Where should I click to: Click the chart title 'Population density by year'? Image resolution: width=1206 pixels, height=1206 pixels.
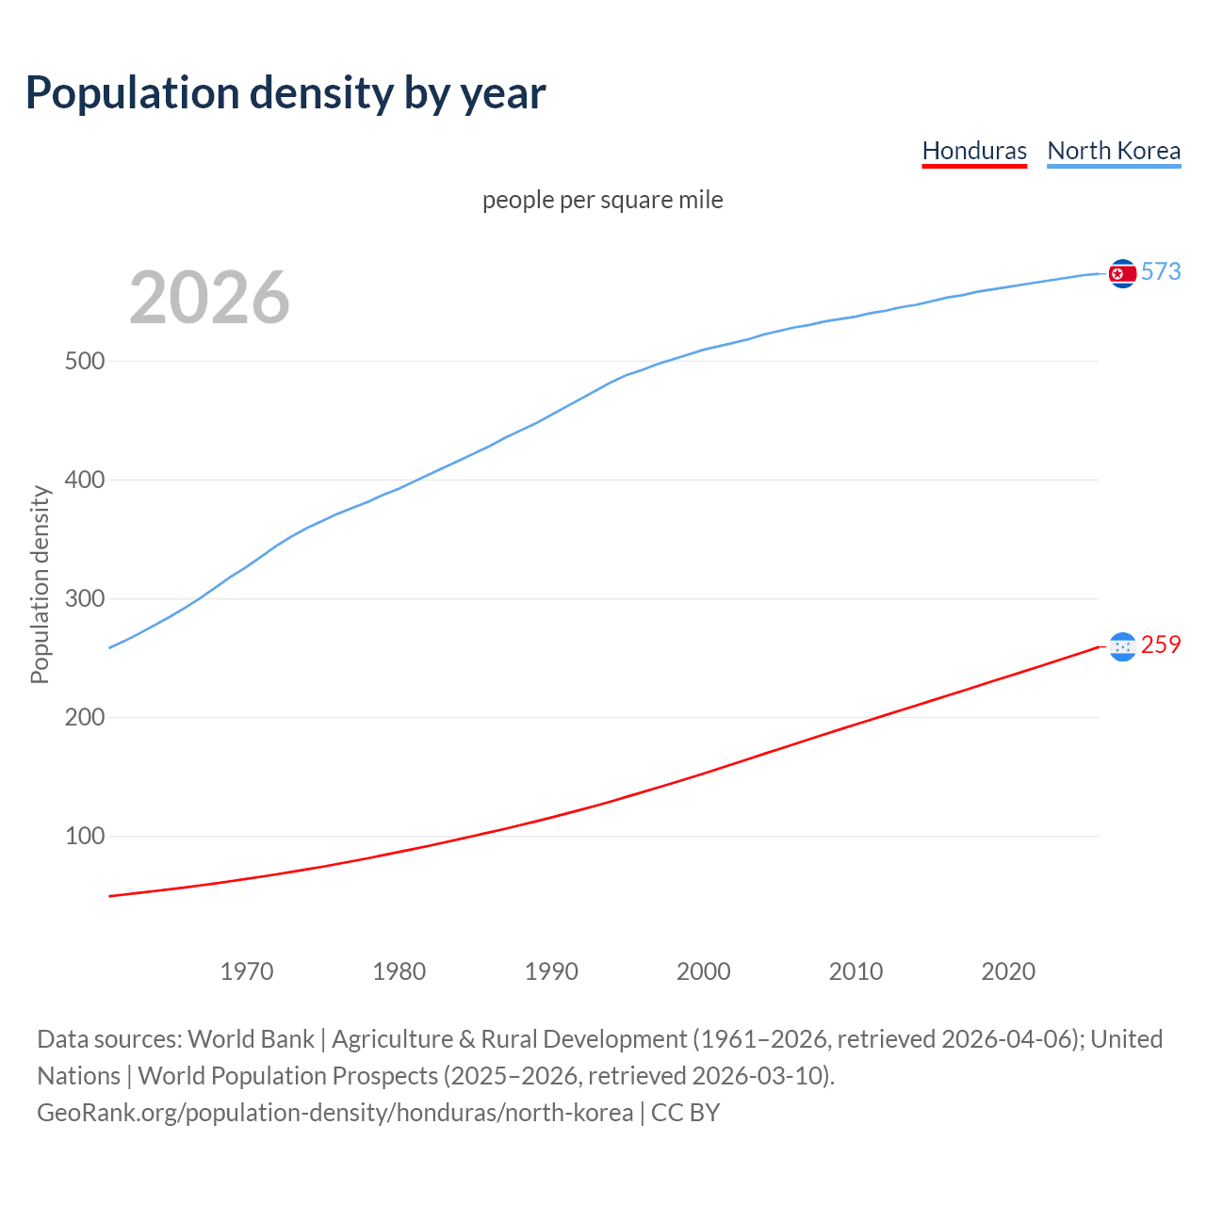(285, 93)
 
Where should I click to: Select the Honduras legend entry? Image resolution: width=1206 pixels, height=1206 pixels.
(974, 151)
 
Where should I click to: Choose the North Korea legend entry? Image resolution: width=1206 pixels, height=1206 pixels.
(1114, 151)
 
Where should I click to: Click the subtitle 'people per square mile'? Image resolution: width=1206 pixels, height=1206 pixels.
(602, 200)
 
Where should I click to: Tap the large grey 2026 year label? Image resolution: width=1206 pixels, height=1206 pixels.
(209, 298)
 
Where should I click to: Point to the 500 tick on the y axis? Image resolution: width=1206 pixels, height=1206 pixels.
(84, 362)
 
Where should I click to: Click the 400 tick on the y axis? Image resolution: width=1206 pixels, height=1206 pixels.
(84, 481)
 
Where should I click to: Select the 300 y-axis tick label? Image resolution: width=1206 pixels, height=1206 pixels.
(84, 599)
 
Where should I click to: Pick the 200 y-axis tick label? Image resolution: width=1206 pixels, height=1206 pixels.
(84, 718)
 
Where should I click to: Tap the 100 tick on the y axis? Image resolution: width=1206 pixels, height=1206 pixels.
(84, 837)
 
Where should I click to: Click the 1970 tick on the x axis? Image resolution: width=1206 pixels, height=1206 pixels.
(247, 971)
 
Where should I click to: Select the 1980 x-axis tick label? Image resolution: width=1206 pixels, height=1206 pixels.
(399, 971)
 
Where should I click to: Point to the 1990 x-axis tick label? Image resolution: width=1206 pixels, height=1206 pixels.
(551, 971)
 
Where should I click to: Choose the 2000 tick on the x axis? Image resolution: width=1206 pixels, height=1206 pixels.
(704, 971)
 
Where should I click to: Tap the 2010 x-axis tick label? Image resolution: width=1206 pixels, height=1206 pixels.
(856, 971)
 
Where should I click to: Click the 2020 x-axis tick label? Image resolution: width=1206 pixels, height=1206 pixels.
(1008, 971)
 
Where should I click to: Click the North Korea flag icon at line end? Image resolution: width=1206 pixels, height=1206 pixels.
(1122, 273)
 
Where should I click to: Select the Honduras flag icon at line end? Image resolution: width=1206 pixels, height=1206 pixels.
(1122, 646)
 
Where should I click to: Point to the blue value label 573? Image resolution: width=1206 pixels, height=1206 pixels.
(1161, 272)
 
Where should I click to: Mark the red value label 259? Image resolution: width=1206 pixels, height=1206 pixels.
(1161, 645)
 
